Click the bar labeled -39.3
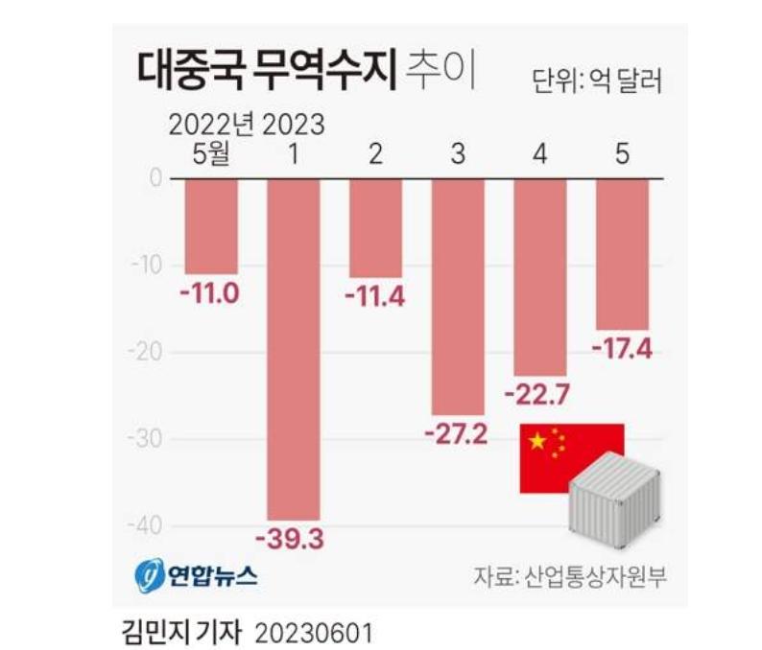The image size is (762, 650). point(293,349)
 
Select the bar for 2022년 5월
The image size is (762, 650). point(211,226)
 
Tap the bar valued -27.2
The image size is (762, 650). point(457,296)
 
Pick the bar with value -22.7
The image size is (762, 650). point(539,277)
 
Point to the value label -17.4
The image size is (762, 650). point(623,349)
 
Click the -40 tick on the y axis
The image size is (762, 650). point(145,526)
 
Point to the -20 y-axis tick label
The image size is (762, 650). point(145,352)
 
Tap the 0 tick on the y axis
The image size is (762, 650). point(154,178)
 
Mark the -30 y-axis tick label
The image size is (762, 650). point(145,439)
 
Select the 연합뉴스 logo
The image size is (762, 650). point(196,576)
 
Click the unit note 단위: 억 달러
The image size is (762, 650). point(597,80)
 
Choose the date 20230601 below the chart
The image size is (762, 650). point(313,632)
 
